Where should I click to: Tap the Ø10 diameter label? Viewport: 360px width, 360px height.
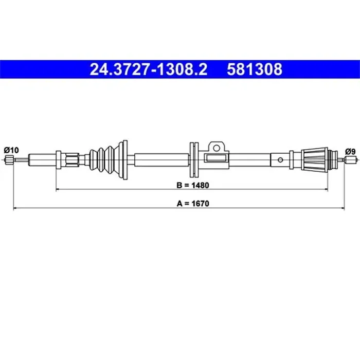pyautogui.click(x=11, y=150)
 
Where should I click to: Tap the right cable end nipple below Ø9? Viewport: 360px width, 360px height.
pyautogui.click(x=351, y=160)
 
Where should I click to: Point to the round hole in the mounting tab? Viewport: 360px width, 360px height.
pyautogui.click(x=217, y=148)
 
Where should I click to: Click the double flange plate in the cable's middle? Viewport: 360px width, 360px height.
pyautogui.click(x=194, y=159)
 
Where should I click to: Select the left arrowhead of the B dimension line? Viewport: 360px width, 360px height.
pyautogui.click(x=58, y=189)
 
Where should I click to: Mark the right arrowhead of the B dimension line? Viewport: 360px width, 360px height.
pyautogui.click(x=325, y=189)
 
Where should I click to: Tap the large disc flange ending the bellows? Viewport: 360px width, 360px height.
pyautogui.click(x=123, y=159)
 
